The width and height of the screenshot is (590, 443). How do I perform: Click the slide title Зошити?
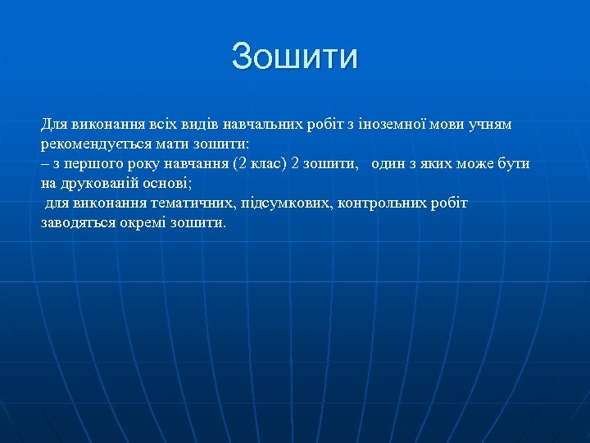coord(295,57)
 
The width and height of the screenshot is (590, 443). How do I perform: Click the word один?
coord(390,163)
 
